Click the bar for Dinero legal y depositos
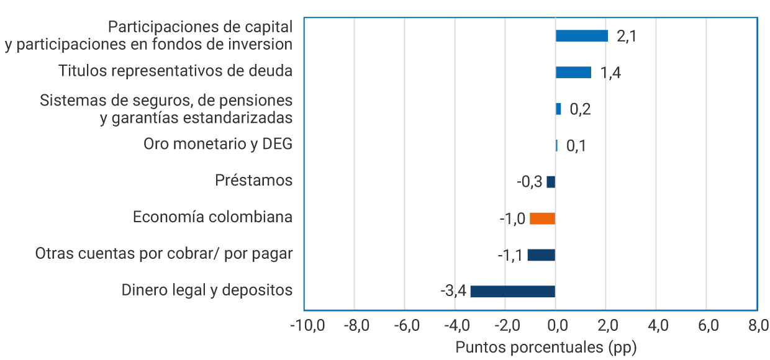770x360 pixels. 512,291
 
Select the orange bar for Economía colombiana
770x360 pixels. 542,218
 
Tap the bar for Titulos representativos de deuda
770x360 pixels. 573,73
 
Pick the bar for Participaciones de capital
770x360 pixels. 582,36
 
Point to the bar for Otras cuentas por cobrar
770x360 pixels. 541,255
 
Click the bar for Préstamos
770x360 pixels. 551,182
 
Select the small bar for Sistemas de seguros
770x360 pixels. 558,109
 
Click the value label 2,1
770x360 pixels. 627,36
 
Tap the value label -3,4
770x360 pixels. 453,291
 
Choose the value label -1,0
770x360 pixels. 512,218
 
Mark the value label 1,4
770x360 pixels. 610,73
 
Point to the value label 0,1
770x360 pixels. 576,146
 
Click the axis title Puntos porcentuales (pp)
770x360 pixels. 546,347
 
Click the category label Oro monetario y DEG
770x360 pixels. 217,144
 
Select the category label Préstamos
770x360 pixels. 253,181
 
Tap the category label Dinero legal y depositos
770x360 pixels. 207,290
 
